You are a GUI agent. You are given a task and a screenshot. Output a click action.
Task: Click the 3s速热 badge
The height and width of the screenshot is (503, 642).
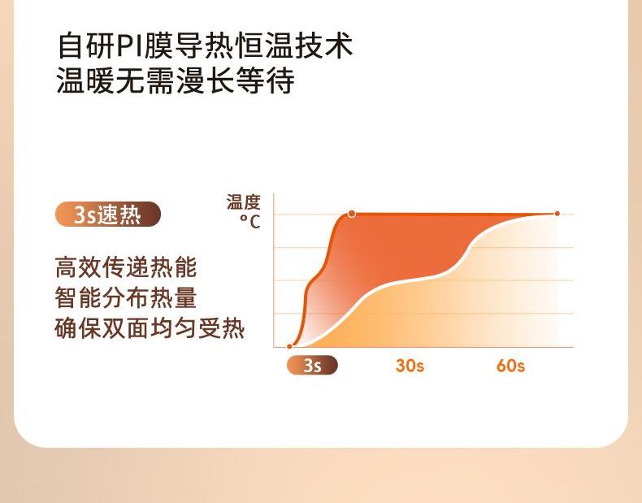[108, 214]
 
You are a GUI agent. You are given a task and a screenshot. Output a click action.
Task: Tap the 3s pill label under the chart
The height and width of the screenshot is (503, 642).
[312, 365]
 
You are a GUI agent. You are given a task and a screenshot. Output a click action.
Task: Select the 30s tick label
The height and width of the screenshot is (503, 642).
[410, 366]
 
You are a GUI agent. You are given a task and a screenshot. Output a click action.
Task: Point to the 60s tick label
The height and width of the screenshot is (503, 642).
[510, 366]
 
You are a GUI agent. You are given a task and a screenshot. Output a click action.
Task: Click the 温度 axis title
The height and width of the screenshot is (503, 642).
[244, 202]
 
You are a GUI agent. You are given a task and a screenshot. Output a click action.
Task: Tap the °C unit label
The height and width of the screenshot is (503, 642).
[249, 221]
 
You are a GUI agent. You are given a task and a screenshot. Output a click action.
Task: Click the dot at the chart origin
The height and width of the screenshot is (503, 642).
[289, 346]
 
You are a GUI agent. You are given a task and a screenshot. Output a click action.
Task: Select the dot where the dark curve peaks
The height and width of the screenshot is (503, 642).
[352, 214]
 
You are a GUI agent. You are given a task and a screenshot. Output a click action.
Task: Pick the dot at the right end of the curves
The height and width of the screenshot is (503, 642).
[557, 213]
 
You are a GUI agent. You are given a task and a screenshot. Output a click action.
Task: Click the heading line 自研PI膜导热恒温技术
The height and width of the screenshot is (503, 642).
[205, 45]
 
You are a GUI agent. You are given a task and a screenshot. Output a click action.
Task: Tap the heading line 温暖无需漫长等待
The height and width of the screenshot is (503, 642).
[176, 80]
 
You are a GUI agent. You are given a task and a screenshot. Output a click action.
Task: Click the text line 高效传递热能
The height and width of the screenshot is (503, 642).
[126, 267]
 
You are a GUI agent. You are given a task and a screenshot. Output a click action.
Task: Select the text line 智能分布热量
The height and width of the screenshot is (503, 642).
[126, 297]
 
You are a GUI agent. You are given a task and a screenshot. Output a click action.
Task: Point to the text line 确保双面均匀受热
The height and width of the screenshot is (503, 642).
[150, 328]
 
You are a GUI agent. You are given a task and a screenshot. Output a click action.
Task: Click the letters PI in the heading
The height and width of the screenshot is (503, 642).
[129, 46]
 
